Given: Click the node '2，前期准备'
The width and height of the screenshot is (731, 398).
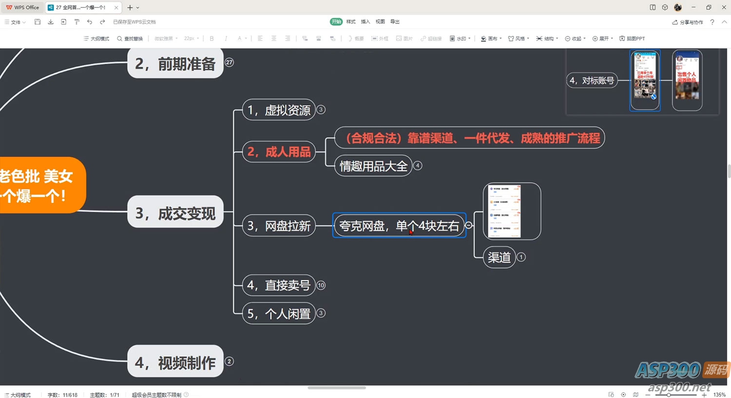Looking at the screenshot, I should [175, 64].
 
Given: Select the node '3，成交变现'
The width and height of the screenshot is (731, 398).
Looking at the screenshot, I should [175, 213].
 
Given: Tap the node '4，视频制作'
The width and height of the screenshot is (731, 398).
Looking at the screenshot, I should [175, 362].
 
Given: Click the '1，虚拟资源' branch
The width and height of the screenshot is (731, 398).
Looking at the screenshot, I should [279, 110].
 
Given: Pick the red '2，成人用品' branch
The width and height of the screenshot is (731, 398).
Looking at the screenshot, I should [279, 152].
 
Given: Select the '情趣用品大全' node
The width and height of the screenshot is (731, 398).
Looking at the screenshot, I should [373, 166].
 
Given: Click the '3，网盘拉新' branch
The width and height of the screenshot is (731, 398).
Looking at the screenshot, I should [279, 226].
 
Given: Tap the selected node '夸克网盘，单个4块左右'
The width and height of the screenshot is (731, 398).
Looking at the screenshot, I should [399, 226].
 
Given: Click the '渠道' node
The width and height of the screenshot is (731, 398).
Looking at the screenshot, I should [499, 257].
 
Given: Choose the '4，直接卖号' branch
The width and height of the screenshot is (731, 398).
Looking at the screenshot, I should [279, 285].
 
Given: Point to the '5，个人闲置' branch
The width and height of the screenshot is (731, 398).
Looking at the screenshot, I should [279, 314].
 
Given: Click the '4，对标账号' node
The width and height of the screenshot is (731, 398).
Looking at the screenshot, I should [592, 80].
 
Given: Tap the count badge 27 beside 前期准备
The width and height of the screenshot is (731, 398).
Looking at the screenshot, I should [229, 62].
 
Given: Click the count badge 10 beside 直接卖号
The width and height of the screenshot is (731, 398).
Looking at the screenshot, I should [321, 285].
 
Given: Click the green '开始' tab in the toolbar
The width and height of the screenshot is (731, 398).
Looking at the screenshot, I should [336, 21].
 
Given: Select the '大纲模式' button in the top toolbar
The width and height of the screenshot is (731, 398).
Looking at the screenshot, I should [96, 38].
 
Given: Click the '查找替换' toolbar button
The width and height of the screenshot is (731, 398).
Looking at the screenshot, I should [130, 38].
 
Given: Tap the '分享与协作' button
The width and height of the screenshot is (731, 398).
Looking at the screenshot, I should [688, 22].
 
